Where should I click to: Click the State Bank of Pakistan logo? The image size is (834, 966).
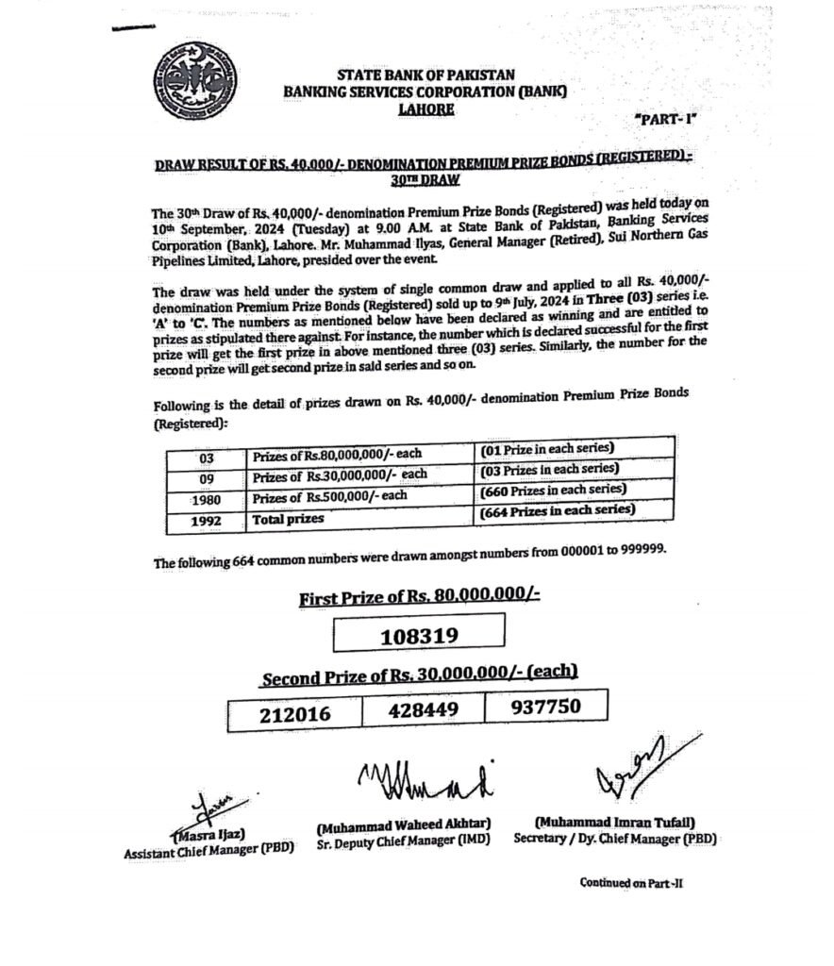point(192,80)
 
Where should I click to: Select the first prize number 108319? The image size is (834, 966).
point(419,636)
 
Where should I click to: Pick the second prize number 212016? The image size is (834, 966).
point(295,714)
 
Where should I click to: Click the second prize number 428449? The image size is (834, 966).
point(421,710)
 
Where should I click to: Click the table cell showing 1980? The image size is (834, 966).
point(205,500)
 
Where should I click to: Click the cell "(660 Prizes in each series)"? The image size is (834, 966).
point(553,491)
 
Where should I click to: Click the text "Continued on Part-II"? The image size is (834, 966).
point(637,883)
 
